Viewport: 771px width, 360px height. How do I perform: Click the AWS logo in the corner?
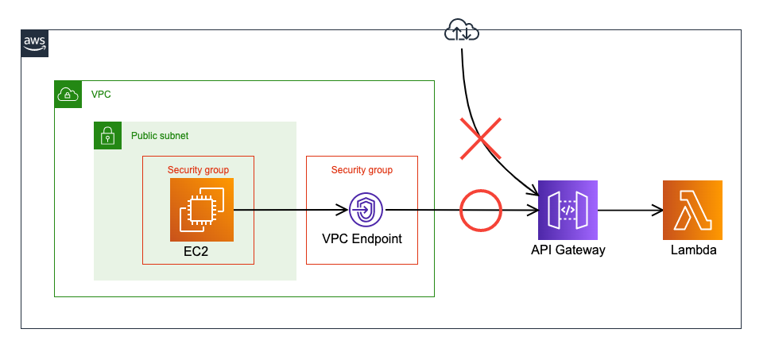[x=34, y=43]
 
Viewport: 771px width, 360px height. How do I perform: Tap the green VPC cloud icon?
[x=68, y=95]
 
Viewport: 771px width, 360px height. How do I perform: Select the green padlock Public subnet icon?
[x=107, y=136]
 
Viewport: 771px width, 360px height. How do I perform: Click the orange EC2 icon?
[x=202, y=210]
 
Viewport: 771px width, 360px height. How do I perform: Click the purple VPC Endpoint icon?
[x=366, y=210]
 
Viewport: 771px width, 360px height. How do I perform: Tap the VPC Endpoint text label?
[x=362, y=238]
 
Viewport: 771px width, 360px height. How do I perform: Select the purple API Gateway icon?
[x=568, y=210]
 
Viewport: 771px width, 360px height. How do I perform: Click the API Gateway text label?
[x=568, y=250]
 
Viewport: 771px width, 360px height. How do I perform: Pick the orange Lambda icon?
[x=692, y=210]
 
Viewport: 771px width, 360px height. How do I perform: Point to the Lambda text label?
[x=692, y=250]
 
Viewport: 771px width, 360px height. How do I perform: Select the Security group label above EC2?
[x=198, y=170]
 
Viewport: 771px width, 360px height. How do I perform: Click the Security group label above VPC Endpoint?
[x=362, y=170]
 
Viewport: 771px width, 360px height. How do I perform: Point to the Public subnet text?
[x=160, y=136]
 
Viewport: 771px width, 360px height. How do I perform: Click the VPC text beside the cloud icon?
[x=101, y=95]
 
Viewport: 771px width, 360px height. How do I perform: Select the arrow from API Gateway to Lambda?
[x=630, y=211]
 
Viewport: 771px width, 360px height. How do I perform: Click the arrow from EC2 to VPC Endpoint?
[x=291, y=211]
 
